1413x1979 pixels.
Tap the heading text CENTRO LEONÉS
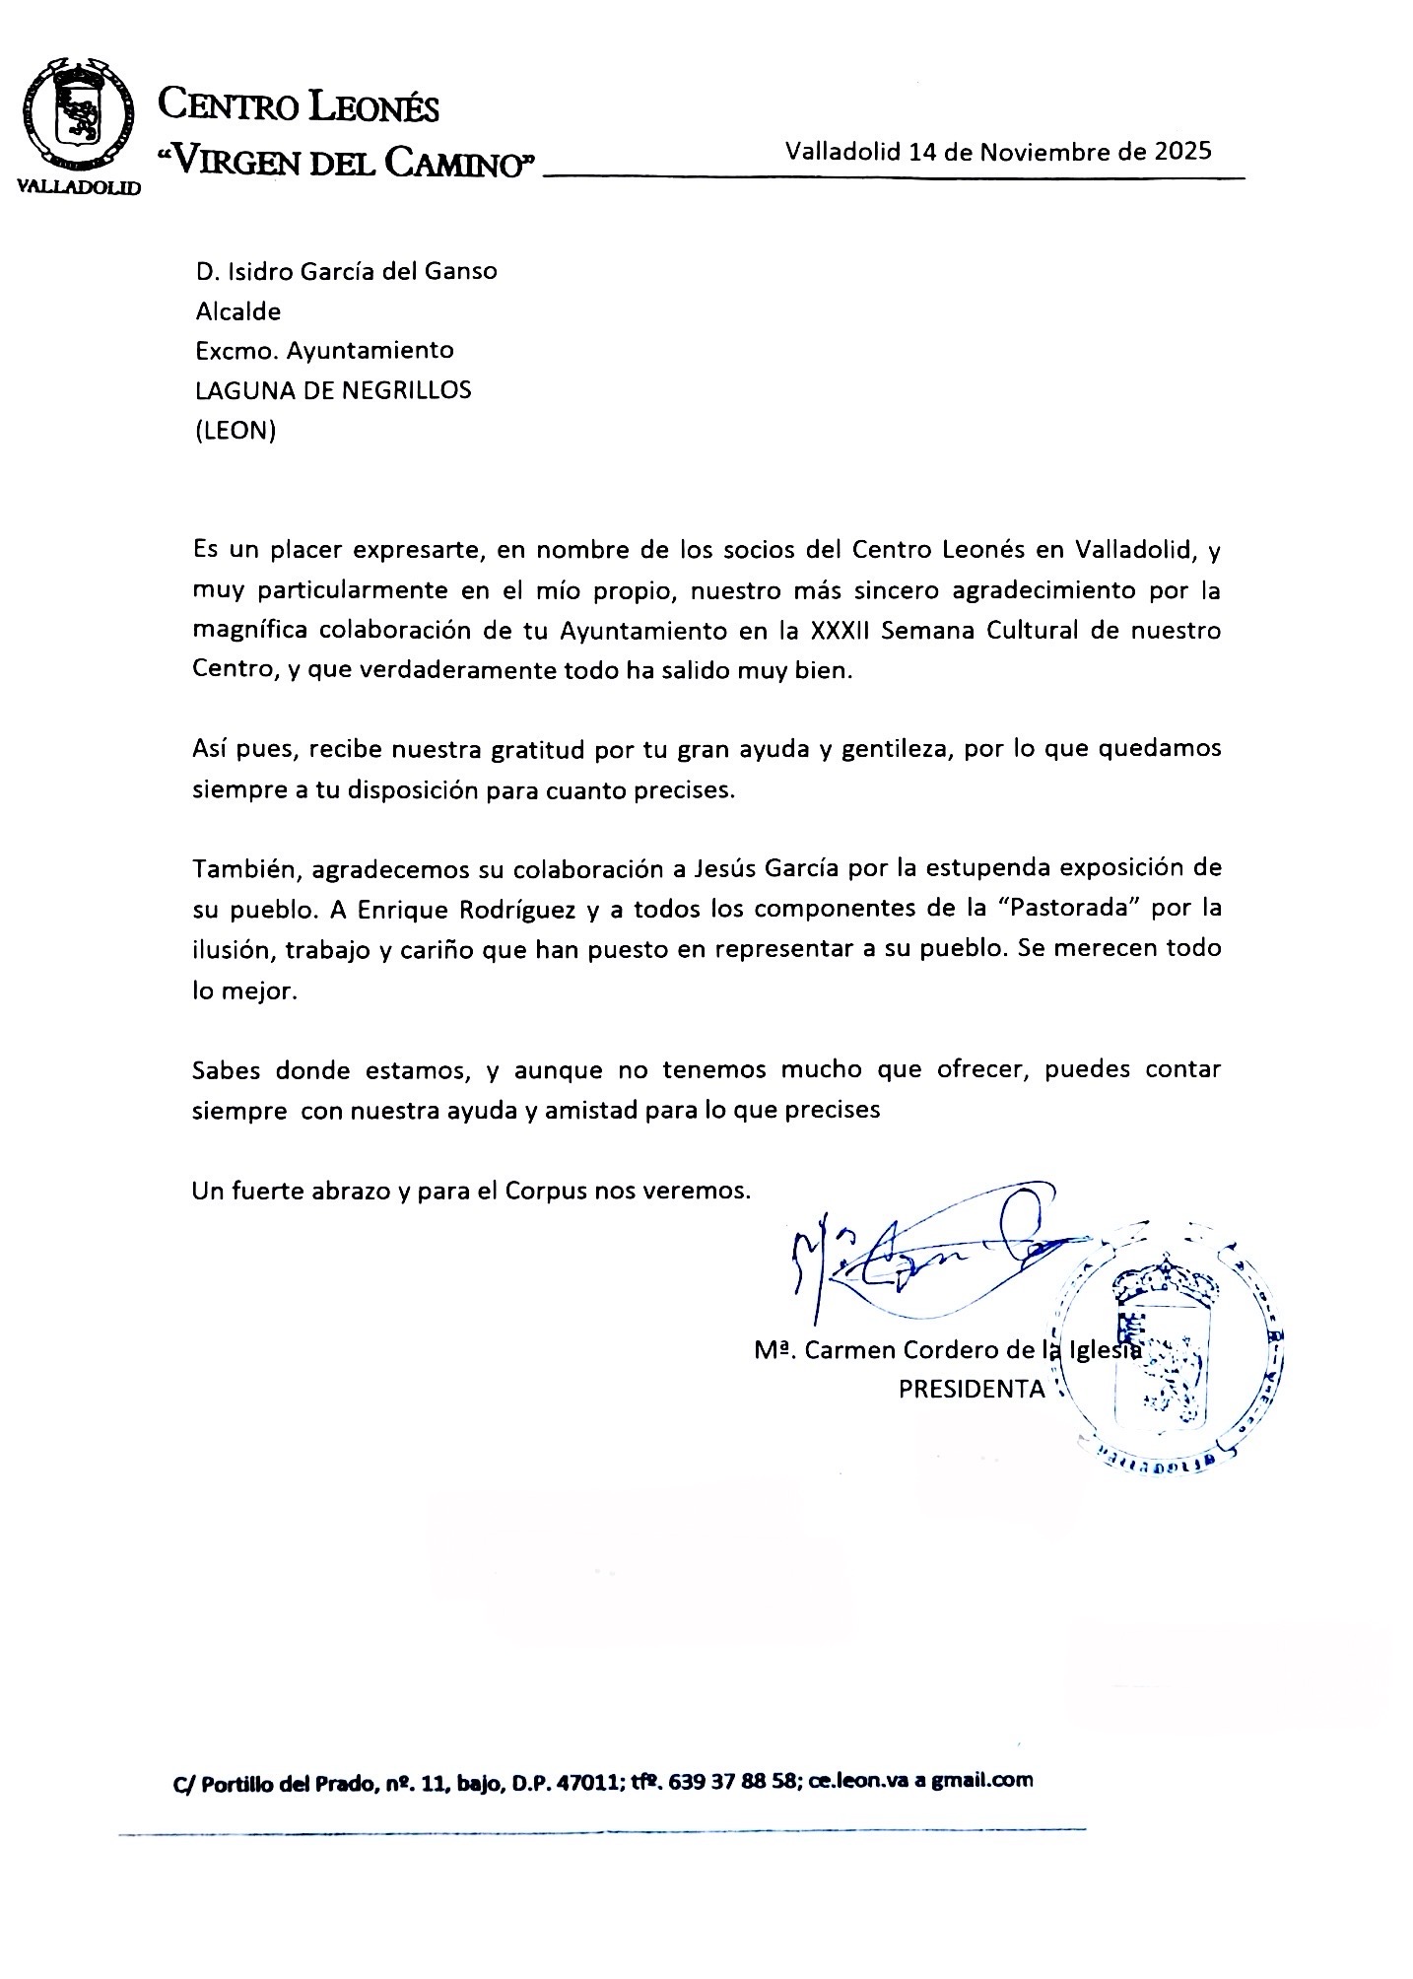click(300, 105)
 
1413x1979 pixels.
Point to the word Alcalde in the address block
click(238, 311)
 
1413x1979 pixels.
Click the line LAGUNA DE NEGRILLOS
click(333, 390)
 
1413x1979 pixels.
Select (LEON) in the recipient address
click(235, 431)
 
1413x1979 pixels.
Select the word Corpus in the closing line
click(546, 1190)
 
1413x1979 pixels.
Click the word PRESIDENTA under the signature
click(971, 1389)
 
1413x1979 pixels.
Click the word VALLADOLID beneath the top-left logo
click(80, 186)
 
